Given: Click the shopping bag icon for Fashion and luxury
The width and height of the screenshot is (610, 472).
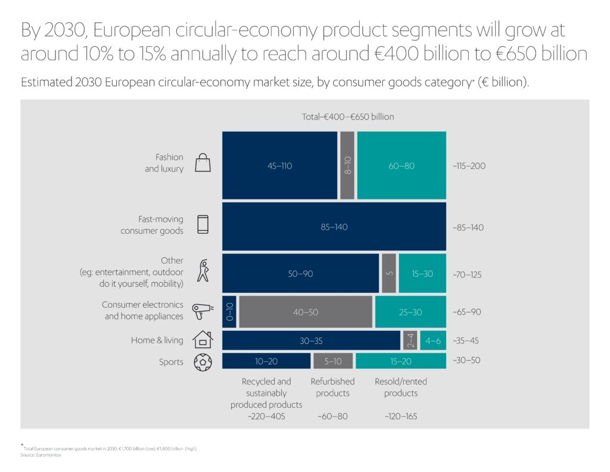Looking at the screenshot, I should click(x=203, y=162).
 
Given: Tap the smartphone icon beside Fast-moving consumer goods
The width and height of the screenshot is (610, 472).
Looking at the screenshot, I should click(x=203, y=224).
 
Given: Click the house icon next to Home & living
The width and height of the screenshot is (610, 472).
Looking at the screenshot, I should click(x=203, y=339).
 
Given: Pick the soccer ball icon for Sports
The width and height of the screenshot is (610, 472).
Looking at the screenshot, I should click(x=203, y=362).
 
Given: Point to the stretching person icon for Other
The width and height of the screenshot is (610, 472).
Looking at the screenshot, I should click(x=204, y=271).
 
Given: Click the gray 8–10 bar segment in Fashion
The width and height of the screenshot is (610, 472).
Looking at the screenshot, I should click(x=347, y=165).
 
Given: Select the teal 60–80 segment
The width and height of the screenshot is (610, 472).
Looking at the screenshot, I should click(x=401, y=165).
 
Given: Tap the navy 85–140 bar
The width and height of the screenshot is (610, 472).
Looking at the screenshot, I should click(x=334, y=227).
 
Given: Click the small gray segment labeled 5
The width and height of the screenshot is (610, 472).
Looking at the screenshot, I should click(x=388, y=274).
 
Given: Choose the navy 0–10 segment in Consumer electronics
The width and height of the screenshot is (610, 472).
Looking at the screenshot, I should click(x=230, y=311).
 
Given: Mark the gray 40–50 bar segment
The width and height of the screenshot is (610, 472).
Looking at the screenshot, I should click(x=306, y=311).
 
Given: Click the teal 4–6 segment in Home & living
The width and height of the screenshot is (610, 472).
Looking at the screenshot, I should click(x=432, y=340).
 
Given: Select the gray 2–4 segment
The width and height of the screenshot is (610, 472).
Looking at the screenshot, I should click(x=410, y=340).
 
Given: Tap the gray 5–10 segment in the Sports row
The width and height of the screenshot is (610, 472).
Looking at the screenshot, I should click(x=332, y=361).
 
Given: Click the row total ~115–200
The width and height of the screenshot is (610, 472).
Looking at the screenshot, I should click(x=469, y=165).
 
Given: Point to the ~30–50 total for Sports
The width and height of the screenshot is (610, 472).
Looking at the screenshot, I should click(x=466, y=361).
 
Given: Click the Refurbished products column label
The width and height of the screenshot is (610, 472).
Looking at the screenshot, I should click(x=332, y=387).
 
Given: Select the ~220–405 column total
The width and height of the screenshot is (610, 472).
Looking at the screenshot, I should click(x=266, y=417).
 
